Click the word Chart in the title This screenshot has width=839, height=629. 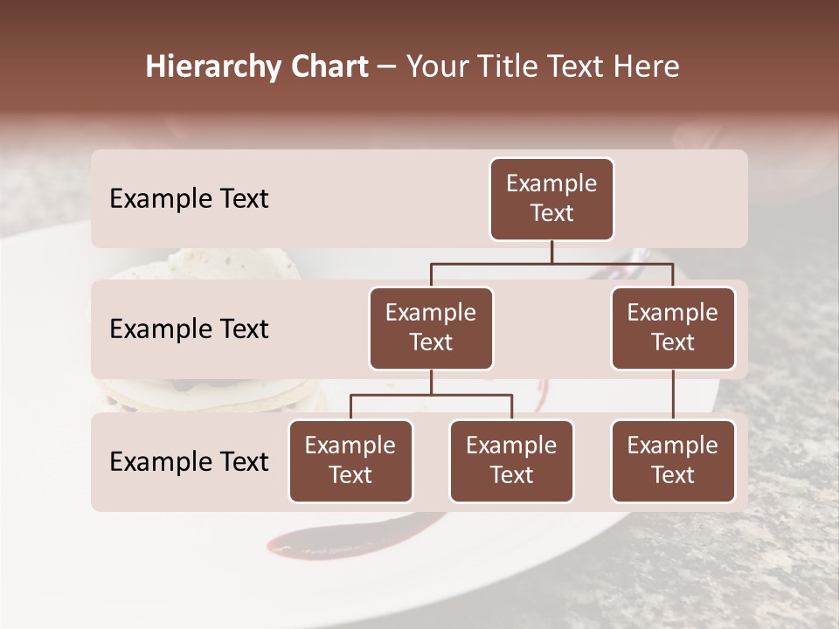click(x=325, y=67)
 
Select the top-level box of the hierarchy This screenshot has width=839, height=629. click(x=551, y=199)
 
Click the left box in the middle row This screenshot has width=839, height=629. click(x=431, y=328)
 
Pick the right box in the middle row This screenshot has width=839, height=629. click(x=673, y=328)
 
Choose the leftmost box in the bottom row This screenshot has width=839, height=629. click(x=350, y=461)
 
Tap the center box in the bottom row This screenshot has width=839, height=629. click(x=511, y=461)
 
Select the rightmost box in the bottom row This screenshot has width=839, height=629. click(x=673, y=461)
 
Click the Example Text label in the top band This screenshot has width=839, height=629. click(x=189, y=199)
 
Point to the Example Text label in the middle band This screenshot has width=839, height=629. click(x=189, y=329)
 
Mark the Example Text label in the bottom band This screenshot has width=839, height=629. click(x=189, y=462)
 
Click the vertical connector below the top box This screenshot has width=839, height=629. click(x=551, y=252)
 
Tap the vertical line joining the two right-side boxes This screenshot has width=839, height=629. click(x=673, y=394)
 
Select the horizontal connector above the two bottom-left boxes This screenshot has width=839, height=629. click(x=431, y=395)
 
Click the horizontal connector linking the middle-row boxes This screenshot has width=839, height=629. click(x=551, y=263)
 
